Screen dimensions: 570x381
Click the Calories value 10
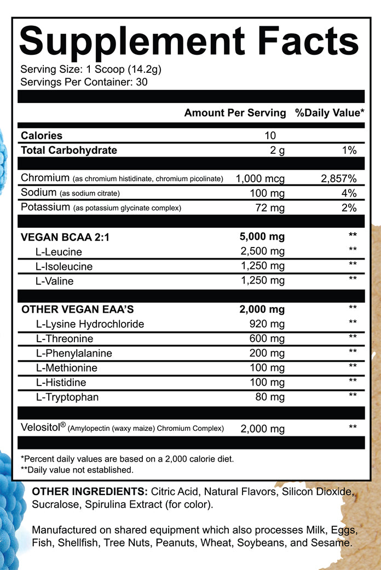(270, 135)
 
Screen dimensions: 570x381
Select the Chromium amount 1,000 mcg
(259, 179)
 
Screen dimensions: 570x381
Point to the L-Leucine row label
(59, 252)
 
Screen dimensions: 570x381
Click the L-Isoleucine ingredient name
(64, 267)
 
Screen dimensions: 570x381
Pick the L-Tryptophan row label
(67, 396)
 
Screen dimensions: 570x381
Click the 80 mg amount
(270, 396)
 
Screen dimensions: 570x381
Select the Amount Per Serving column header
(235, 113)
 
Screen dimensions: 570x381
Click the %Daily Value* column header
(330, 113)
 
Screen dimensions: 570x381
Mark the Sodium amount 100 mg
(267, 193)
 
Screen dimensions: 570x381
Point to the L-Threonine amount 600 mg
(267, 339)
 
